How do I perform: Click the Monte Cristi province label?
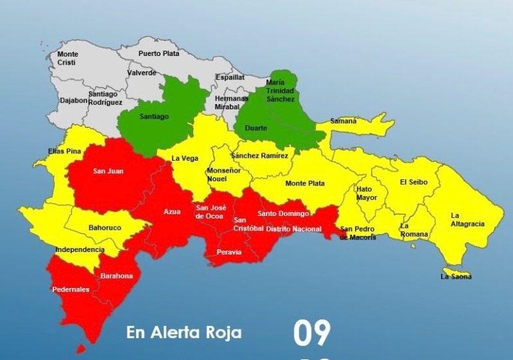(67, 58)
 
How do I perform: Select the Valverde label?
(141, 73)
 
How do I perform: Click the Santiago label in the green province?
(154, 117)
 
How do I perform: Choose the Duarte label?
(256, 127)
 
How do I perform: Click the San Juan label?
(108, 171)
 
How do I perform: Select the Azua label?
(172, 211)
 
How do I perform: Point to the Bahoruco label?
(105, 228)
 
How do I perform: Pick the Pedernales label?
(71, 289)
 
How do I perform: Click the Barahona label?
(117, 276)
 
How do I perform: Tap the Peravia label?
(229, 252)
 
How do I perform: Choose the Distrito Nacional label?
(293, 229)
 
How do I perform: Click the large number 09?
(312, 333)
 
